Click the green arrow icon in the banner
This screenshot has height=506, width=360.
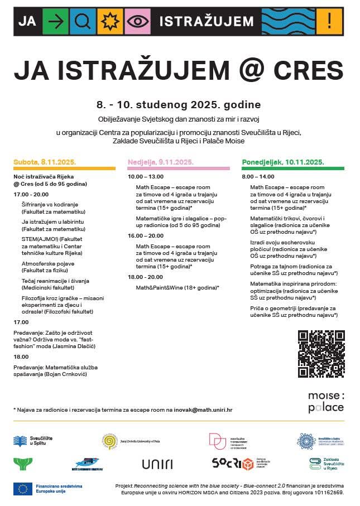click(55, 21)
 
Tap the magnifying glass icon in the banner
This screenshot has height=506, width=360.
click(82, 21)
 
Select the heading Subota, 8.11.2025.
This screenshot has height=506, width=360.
click(45, 162)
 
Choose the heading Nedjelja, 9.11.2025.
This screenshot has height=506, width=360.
click(161, 162)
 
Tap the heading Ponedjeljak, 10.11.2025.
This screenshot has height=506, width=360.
click(283, 162)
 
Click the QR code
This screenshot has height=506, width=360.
click(321, 354)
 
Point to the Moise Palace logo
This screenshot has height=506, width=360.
click(326, 402)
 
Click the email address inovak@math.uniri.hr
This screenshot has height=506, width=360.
click(203, 409)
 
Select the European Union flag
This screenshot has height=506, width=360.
click(23, 489)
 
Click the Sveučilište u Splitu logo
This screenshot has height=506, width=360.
click(33, 441)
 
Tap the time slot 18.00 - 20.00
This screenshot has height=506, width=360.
click(145, 277)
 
